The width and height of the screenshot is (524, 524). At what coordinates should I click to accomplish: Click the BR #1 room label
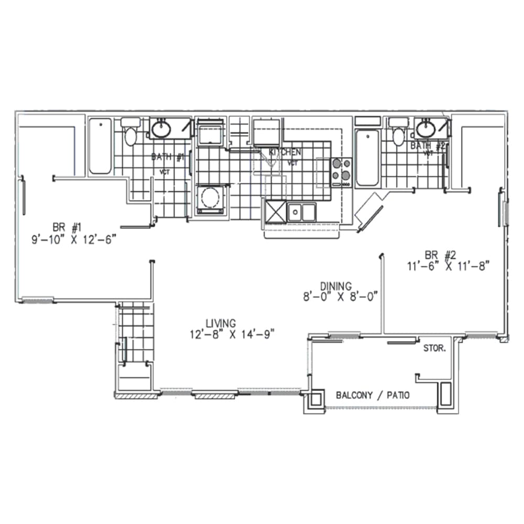[68, 227]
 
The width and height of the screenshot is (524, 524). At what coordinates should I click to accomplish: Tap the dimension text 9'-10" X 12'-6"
[73, 239]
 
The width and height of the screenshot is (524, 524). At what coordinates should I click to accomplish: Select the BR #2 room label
[440, 255]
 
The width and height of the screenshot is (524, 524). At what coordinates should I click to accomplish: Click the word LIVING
[220, 323]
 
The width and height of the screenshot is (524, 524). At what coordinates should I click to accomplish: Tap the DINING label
[336, 286]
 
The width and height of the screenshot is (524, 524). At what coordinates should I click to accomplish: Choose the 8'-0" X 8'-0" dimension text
[341, 297]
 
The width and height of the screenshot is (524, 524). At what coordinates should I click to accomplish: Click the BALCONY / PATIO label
[373, 395]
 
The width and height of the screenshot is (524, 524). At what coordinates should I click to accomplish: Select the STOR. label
[435, 347]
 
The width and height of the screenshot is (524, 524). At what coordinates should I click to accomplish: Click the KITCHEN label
[285, 152]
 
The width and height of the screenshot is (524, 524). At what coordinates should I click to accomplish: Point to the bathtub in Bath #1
[100, 146]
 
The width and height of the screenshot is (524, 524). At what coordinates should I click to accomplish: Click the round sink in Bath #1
[160, 128]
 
